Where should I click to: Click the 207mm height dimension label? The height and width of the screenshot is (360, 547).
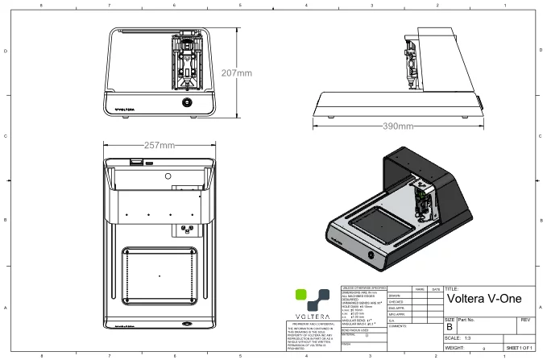[236, 73]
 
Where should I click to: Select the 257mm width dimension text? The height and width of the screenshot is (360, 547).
[160, 146]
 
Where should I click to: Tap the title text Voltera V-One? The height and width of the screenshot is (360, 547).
[483, 300]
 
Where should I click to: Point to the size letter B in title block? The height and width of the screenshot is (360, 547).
[450, 327]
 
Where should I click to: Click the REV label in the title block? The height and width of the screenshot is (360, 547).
[525, 320]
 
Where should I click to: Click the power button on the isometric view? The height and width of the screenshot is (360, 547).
[371, 255]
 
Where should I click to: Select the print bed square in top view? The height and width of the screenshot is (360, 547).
[160, 276]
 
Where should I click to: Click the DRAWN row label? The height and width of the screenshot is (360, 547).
[395, 295]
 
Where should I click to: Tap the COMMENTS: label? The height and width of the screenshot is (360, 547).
[398, 325]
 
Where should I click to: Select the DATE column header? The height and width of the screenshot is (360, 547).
[436, 288]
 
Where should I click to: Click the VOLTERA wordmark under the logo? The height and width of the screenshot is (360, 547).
[309, 314]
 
